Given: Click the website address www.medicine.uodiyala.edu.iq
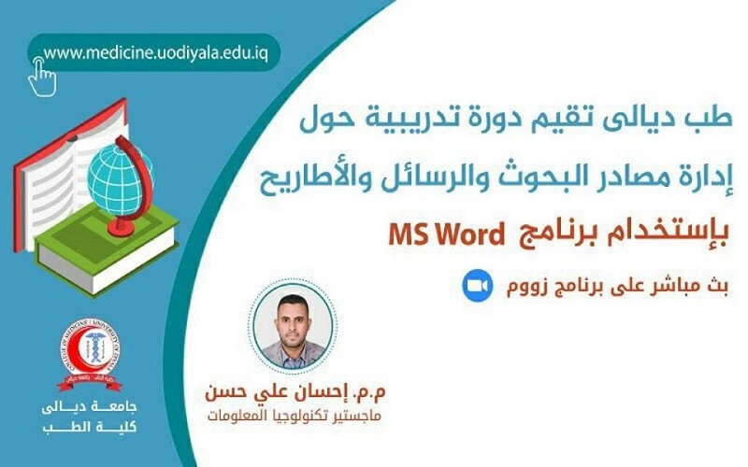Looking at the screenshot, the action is (x=155, y=53).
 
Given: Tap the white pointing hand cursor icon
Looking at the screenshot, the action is (x=42, y=77).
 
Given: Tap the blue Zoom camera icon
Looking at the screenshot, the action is (x=477, y=286).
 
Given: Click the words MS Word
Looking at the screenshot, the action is (x=446, y=234).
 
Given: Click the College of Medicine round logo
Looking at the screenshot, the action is (x=90, y=351).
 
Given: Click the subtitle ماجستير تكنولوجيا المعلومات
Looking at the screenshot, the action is (x=295, y=417).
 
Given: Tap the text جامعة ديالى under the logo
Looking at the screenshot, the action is (x=90, y=407).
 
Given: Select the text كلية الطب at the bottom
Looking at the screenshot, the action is (x=90, y=427).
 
